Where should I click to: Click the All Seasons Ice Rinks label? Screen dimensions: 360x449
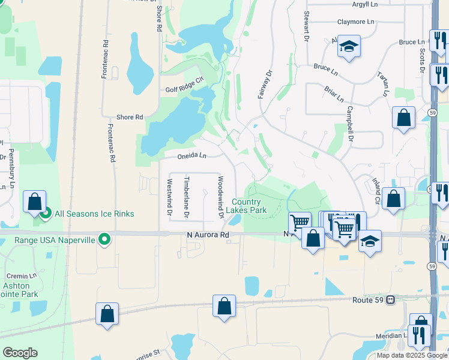94,214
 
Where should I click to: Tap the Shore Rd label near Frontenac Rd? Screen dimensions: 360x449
129,118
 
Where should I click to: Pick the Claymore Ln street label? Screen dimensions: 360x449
355,22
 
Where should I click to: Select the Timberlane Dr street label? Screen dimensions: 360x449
187,197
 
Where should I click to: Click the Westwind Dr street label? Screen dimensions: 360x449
169,197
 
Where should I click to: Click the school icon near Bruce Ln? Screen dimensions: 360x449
348,47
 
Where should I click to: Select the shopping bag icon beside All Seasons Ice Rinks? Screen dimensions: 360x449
35,201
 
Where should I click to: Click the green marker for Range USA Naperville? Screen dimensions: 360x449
104,240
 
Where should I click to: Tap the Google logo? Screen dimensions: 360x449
20,353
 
